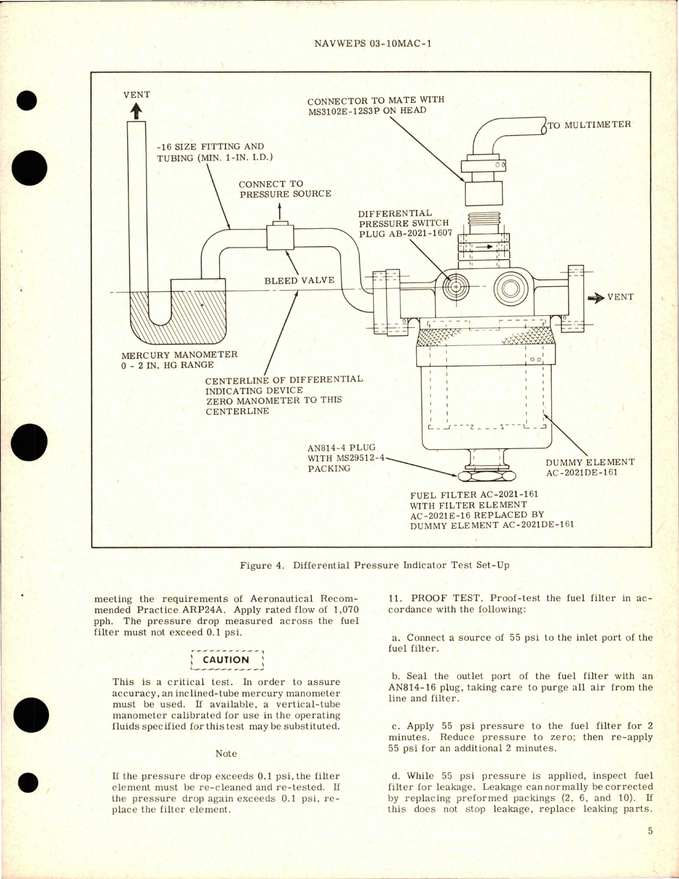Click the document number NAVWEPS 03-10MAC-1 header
point(372,44)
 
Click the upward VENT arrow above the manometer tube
point(136,110)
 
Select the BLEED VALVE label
point(299,280)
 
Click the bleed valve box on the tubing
point(280,237)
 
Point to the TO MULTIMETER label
point(589,125)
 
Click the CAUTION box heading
point(226,660)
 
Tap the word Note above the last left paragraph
point(226,753)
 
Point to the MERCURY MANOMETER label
point(179,355)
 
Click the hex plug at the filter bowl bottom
point(485,474)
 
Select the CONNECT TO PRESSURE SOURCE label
point(285,189)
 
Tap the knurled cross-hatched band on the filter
point(485,337)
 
